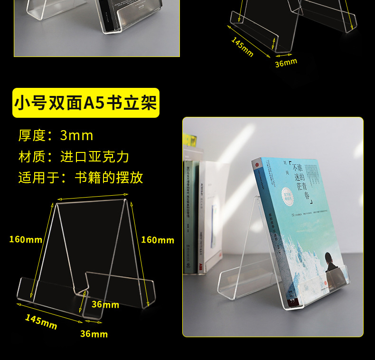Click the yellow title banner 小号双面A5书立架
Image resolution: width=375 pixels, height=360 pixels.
point(85,103)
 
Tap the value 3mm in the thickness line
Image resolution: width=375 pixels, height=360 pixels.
point(76,135)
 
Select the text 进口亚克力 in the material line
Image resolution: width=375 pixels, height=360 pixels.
point(95,157)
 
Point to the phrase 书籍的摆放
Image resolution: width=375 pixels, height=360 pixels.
point(109,178)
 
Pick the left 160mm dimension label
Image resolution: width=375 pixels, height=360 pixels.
point(26,239)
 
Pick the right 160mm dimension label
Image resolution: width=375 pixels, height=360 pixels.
point(158,240)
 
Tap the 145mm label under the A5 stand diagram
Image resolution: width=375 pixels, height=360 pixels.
point(41,322)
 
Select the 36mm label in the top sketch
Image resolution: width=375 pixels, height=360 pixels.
point(286,62)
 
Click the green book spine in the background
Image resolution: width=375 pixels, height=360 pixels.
point(188,214)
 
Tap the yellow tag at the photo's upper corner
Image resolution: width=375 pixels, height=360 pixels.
point(189,140)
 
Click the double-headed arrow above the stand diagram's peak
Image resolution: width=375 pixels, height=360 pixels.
point(93,197)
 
